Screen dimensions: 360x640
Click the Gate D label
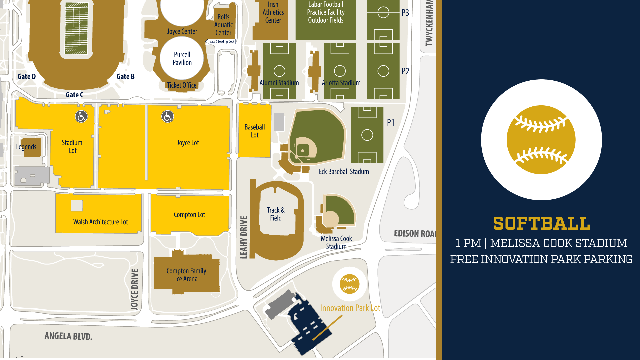[27, 77]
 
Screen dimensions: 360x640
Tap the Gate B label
[126, 77]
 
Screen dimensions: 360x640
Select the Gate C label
[74, 95]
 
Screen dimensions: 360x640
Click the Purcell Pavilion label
[182, 59]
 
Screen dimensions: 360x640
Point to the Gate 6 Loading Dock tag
[221, 42]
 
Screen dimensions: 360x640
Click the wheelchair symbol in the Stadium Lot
[81, 116]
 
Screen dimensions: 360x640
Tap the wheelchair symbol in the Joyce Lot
[167, 116]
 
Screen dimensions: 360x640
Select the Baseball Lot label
[255, 131]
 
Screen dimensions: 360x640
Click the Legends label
[26, 147]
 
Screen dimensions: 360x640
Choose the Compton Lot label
[189, 215]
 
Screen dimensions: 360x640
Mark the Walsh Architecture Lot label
[100, 222]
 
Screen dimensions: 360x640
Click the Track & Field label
[276, 214]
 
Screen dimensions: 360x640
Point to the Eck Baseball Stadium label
[344, 172]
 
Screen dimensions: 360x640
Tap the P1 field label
[391, 123]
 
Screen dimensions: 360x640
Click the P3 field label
[405, 13]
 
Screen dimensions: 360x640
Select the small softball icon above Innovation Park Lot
[349, 284]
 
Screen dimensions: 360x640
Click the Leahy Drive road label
[244, 237]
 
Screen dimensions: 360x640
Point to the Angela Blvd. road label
[68, 336]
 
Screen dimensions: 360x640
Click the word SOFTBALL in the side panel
[541, 224]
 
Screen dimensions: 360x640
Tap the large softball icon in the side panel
[541, 140]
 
